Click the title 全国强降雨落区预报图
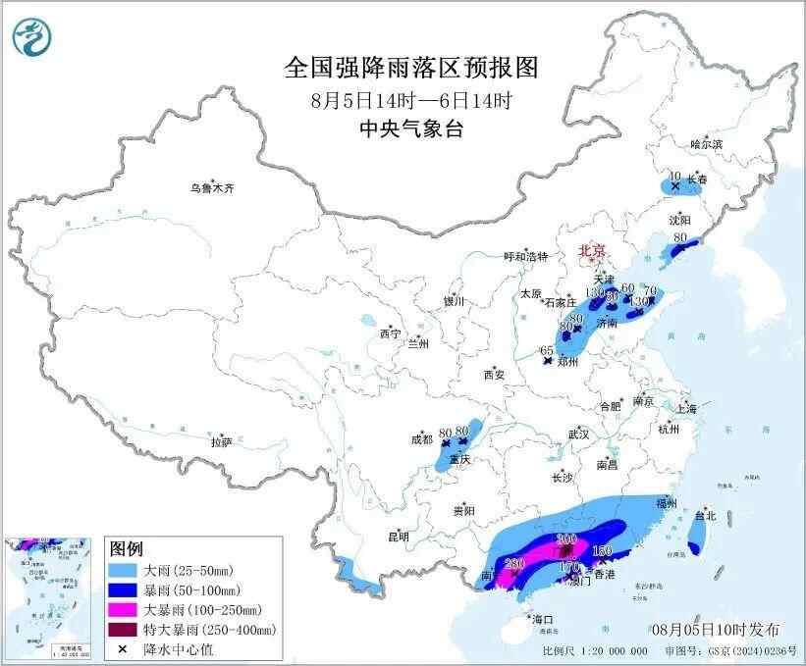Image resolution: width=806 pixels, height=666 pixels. tap(411, 67)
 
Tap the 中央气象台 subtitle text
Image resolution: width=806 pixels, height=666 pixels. tap(411, 128)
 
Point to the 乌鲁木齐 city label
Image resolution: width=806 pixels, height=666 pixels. tap(213, 188)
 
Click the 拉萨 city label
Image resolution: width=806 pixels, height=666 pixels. tap(221, 442)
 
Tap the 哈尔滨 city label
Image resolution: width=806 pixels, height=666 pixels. tap(705, 143)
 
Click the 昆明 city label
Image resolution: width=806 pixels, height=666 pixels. tap(398, 537)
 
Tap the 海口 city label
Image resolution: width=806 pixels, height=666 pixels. tap(543, 620)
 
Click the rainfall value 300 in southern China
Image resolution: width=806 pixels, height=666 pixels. tap(566, 539)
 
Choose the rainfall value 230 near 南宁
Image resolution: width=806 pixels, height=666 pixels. tap(511, 563)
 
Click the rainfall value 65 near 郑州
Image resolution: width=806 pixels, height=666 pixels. tap(547, 350)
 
